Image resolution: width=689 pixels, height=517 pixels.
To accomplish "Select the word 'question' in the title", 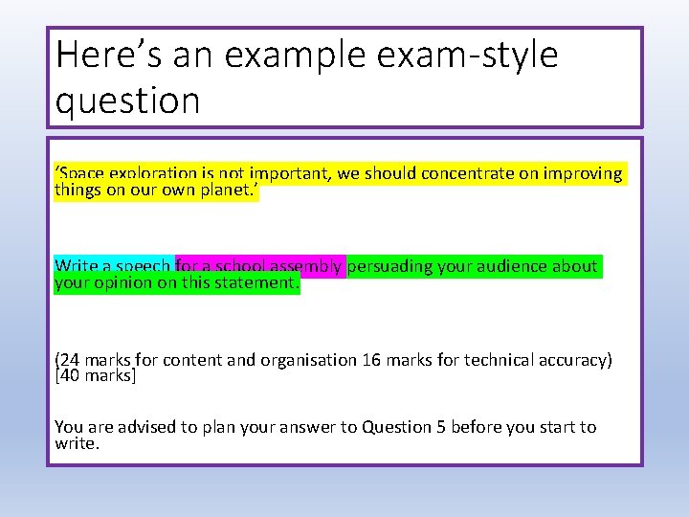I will click(x=127, y=100).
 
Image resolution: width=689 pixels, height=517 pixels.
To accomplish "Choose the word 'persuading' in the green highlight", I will click(x=390, y=266).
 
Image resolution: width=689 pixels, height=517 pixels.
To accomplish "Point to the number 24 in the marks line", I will click(x=70, y=360).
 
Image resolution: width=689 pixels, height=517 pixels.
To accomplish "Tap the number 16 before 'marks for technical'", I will click(x=371, y=360).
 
